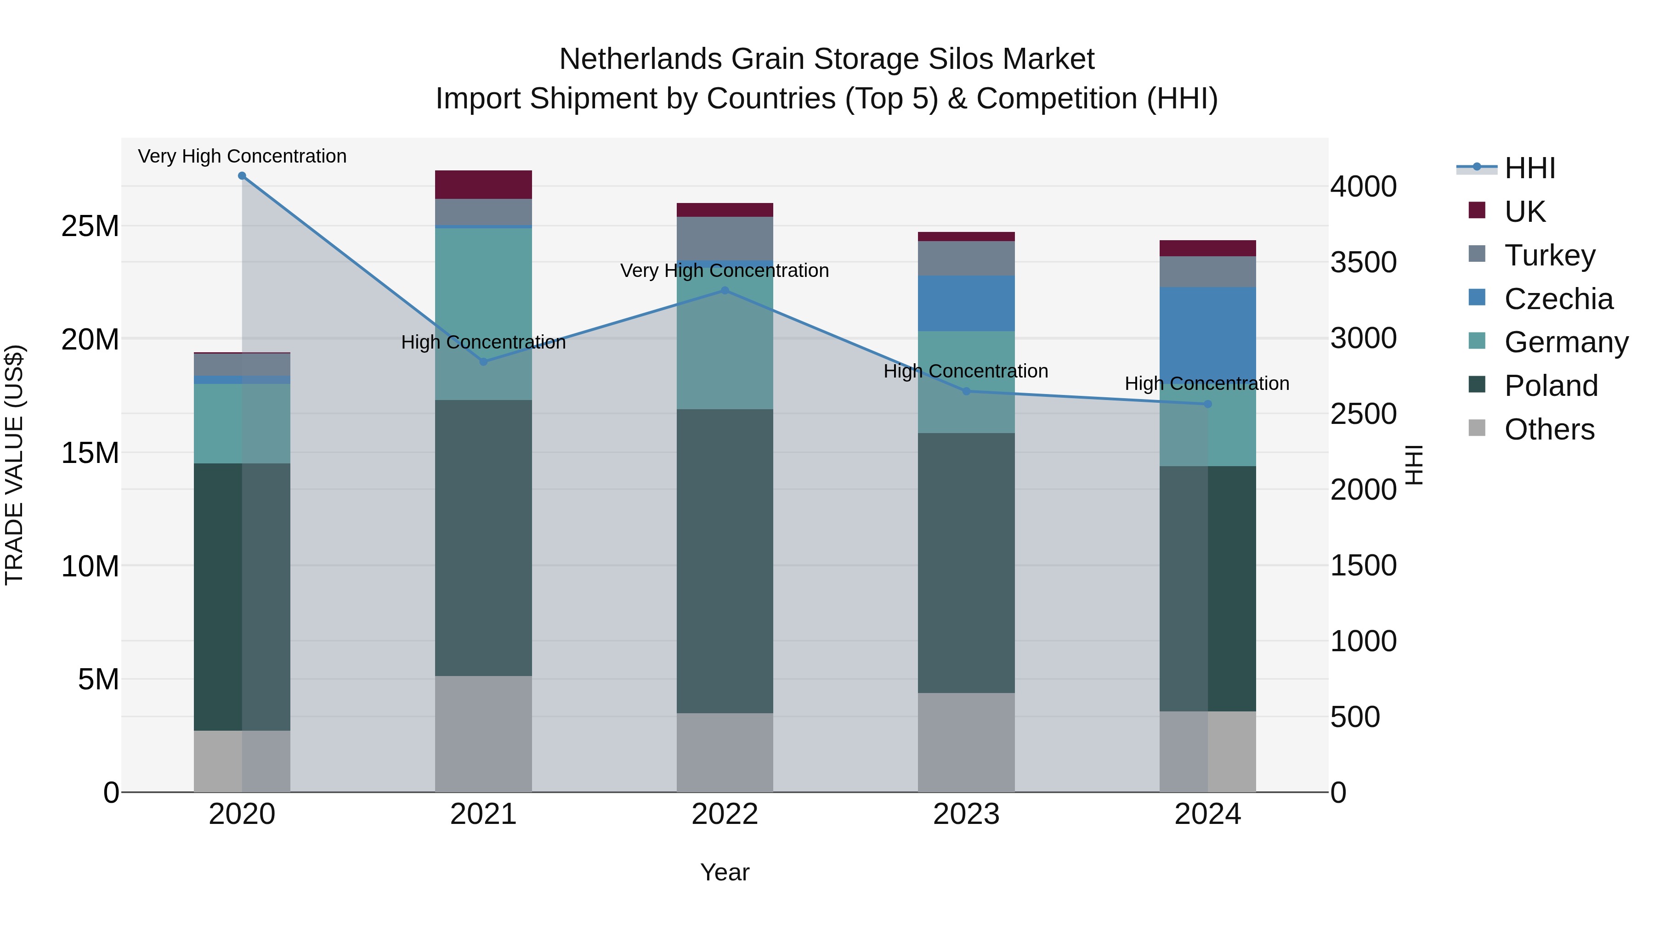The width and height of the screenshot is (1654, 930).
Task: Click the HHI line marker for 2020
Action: [242, 176]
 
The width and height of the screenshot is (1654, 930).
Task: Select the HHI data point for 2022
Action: [725, 290]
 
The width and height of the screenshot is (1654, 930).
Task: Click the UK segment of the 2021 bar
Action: [483, 185]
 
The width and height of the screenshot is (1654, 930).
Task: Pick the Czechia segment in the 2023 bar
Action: [966, 303]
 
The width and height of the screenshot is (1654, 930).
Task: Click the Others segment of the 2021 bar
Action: [483, 733]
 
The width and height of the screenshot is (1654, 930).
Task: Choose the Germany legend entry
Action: [1565, 342]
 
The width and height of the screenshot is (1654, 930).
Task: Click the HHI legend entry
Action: [1529, 168]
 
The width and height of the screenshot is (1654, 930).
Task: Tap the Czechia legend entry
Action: [1558, 299]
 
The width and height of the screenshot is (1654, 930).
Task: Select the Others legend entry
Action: [1549, 429]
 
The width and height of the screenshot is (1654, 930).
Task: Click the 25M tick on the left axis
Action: [90, 226]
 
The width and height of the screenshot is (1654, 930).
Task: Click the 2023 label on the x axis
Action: [966, 814]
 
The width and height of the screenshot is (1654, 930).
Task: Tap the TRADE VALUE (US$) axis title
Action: [14, 465]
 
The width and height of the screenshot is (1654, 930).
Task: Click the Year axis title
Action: [725, 872]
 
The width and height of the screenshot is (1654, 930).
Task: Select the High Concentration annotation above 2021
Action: [483, 342]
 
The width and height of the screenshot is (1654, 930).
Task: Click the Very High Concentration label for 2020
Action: [242, 156]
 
